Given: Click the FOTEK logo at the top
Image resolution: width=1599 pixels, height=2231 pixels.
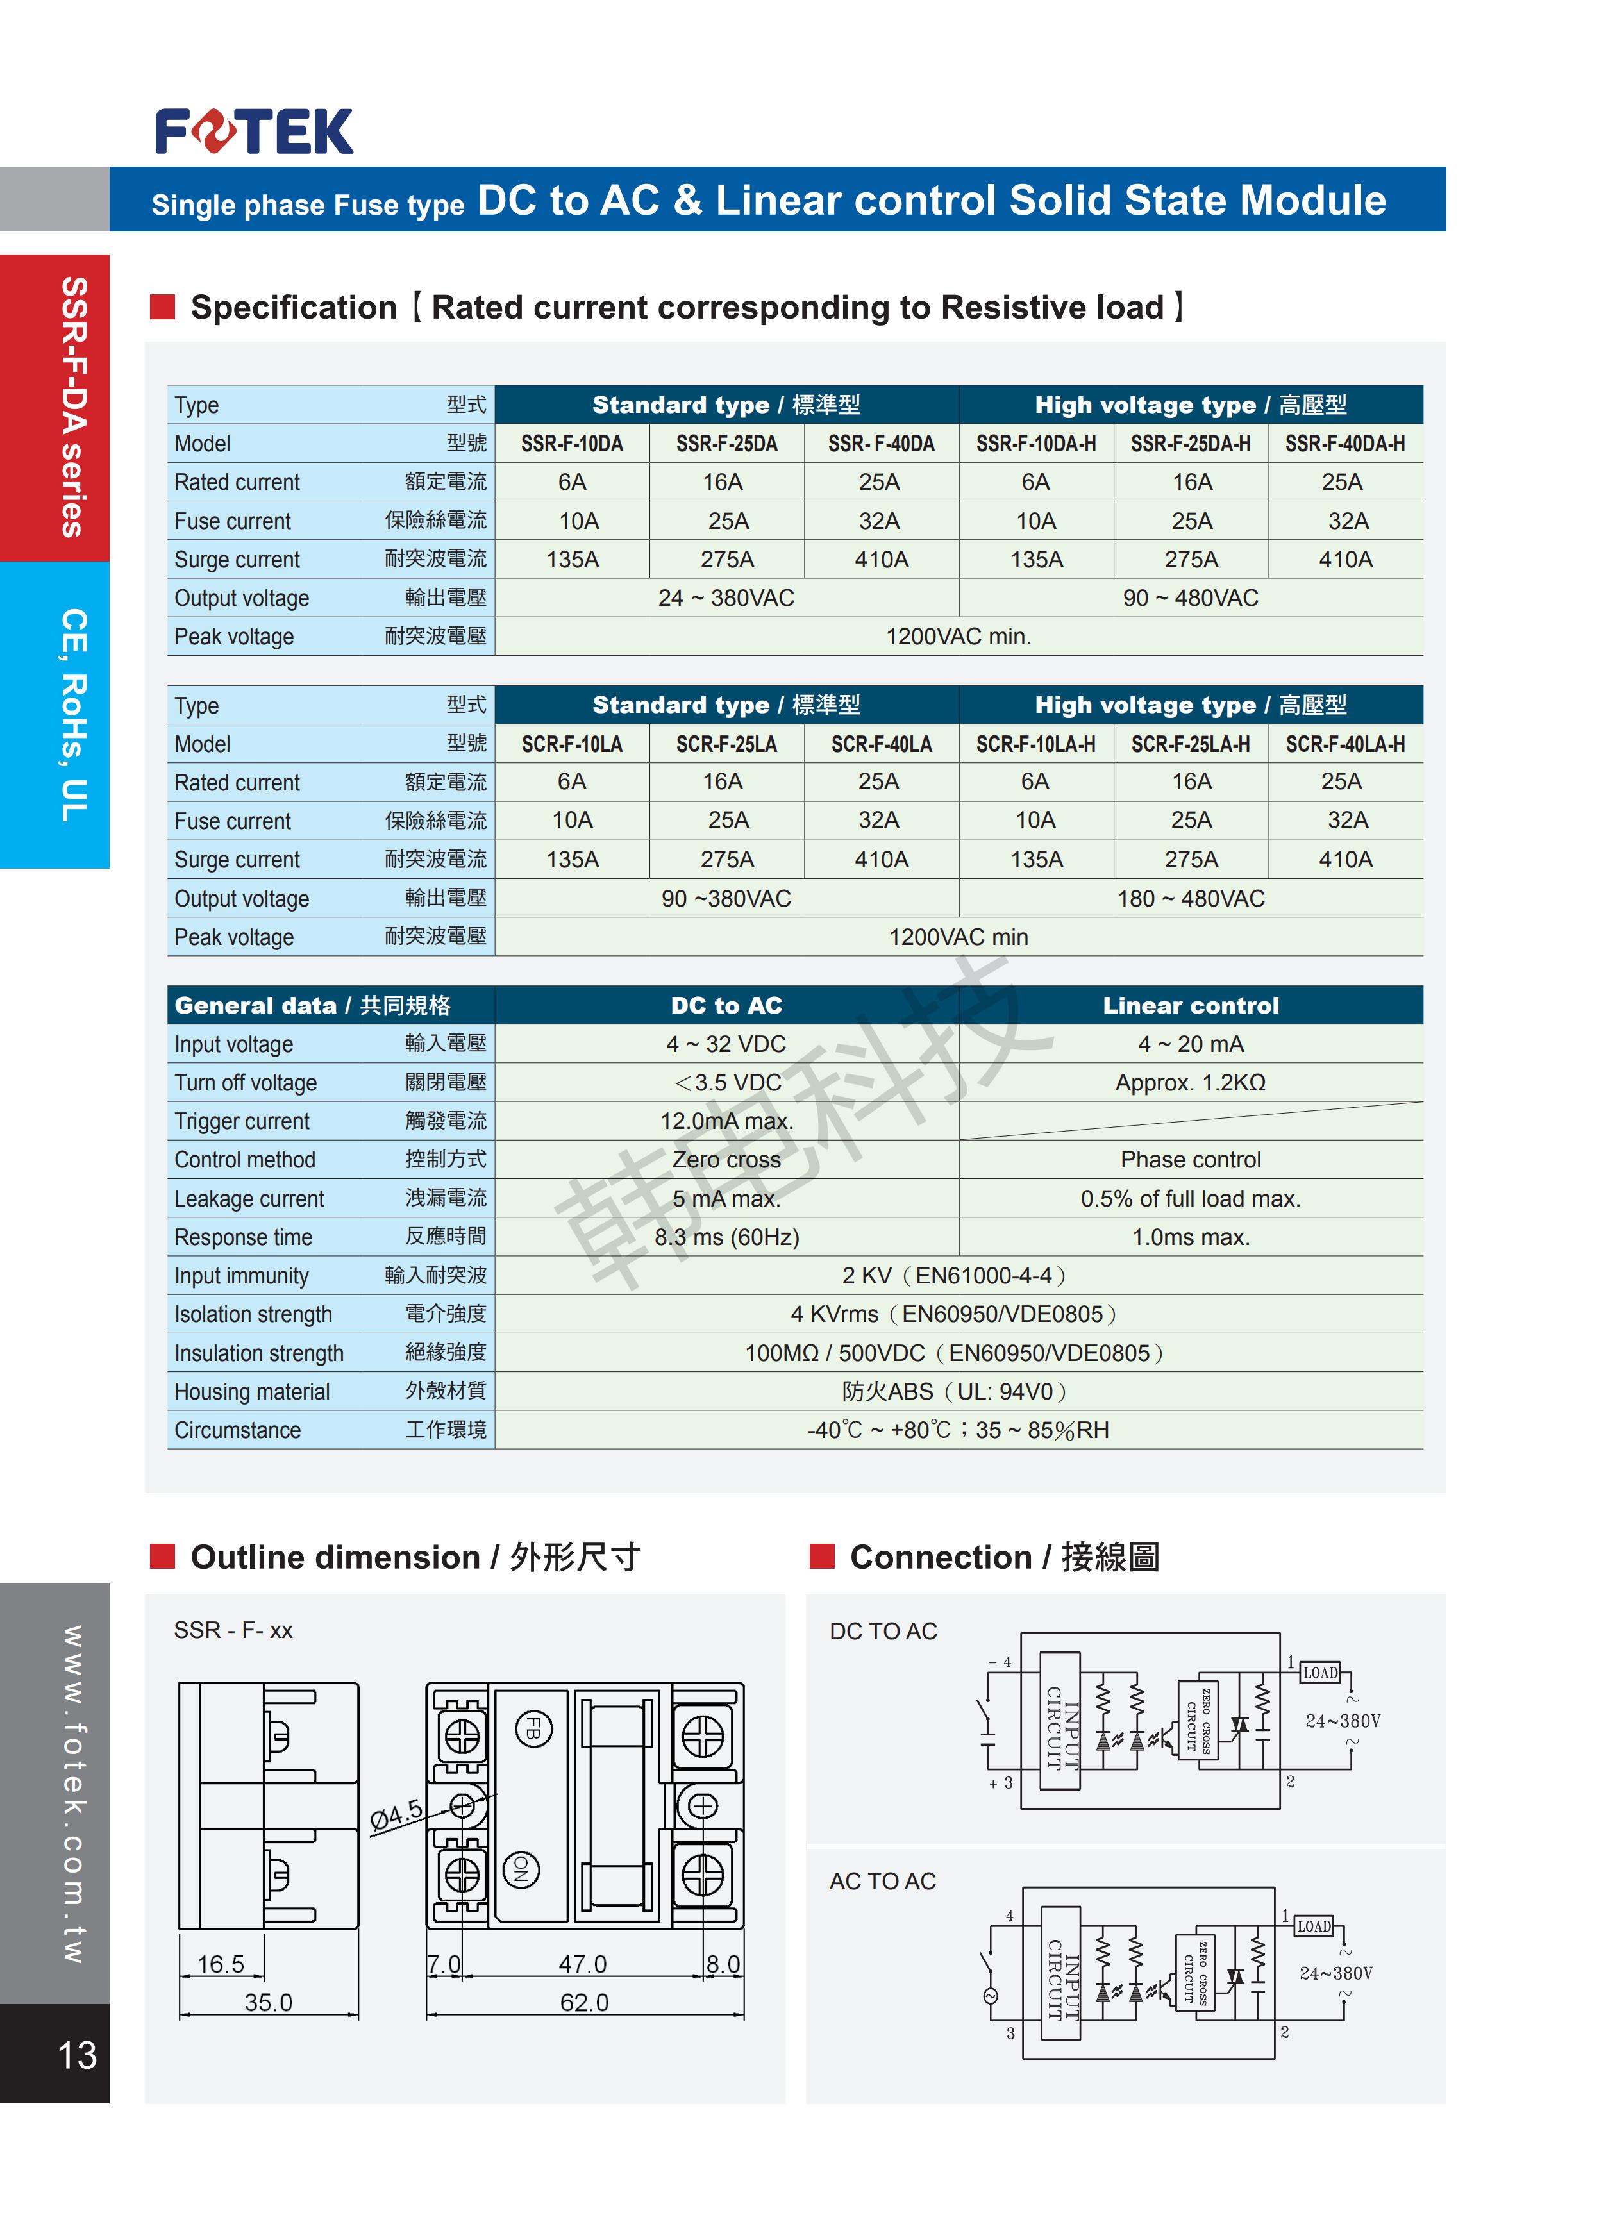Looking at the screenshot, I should click(254, 132).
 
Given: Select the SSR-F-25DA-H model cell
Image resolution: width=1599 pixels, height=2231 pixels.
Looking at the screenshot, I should click(1190, 444).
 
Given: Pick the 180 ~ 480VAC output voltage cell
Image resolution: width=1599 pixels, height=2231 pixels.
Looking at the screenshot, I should click(1190, 898).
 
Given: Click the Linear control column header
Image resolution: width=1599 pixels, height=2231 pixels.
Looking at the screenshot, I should click(1190, 1005).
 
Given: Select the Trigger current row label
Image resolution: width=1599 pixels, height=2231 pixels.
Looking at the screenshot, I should click(242, 1121).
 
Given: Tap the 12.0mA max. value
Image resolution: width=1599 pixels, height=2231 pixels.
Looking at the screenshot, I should click(726, 1121).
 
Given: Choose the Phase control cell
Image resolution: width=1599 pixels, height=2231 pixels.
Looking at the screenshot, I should click(1190, 1160).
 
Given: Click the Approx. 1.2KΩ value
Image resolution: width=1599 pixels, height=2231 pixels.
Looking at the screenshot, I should click(1190, 1083).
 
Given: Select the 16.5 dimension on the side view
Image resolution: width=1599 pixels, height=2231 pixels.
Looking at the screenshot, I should click(221, 1964).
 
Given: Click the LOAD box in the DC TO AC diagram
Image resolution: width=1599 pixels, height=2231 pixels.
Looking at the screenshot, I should click(1319, 1672).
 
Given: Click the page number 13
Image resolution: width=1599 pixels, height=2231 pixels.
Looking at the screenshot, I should click(77, 2055).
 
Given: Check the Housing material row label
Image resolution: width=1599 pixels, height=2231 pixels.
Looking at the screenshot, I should click(252, 1392).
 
